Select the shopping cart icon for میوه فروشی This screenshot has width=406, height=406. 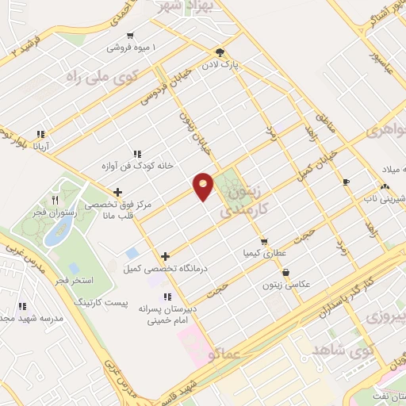pos(130,36)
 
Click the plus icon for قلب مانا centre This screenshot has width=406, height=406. pos(117,191)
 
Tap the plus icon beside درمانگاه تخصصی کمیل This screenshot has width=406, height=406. pos(165,255)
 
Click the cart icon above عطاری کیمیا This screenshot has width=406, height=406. pos(264,241)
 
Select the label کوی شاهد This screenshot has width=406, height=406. pos(343,350)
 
